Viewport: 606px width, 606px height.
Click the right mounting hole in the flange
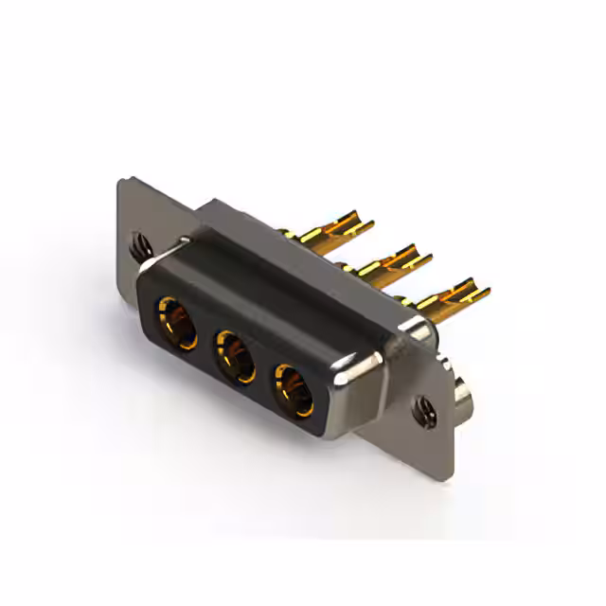(x=423, y=409)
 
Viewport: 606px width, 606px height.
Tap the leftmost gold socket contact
(x=177, y=322)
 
